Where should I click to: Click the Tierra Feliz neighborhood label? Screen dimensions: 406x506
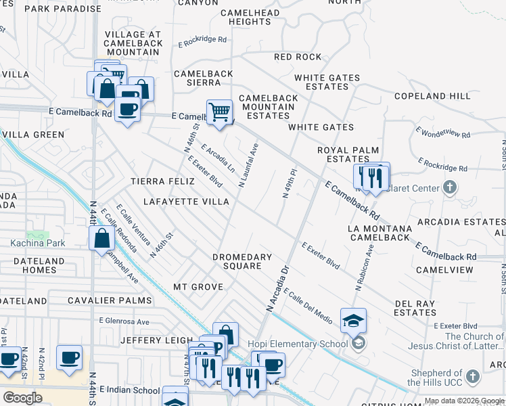[x=162, y=181]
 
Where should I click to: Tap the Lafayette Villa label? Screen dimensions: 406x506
[x=186, y=202]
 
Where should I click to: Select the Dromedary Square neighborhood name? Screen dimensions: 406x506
[x=241, y=261]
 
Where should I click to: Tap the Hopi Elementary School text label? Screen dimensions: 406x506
[x=302, y=344]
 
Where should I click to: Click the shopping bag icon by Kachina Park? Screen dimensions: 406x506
[x=101, y=239]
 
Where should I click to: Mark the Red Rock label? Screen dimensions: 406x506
[x=298, y=58]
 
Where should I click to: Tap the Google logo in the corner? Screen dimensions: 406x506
[x=23, y=397]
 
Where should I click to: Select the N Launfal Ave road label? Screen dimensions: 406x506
[x=248, y=165]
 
